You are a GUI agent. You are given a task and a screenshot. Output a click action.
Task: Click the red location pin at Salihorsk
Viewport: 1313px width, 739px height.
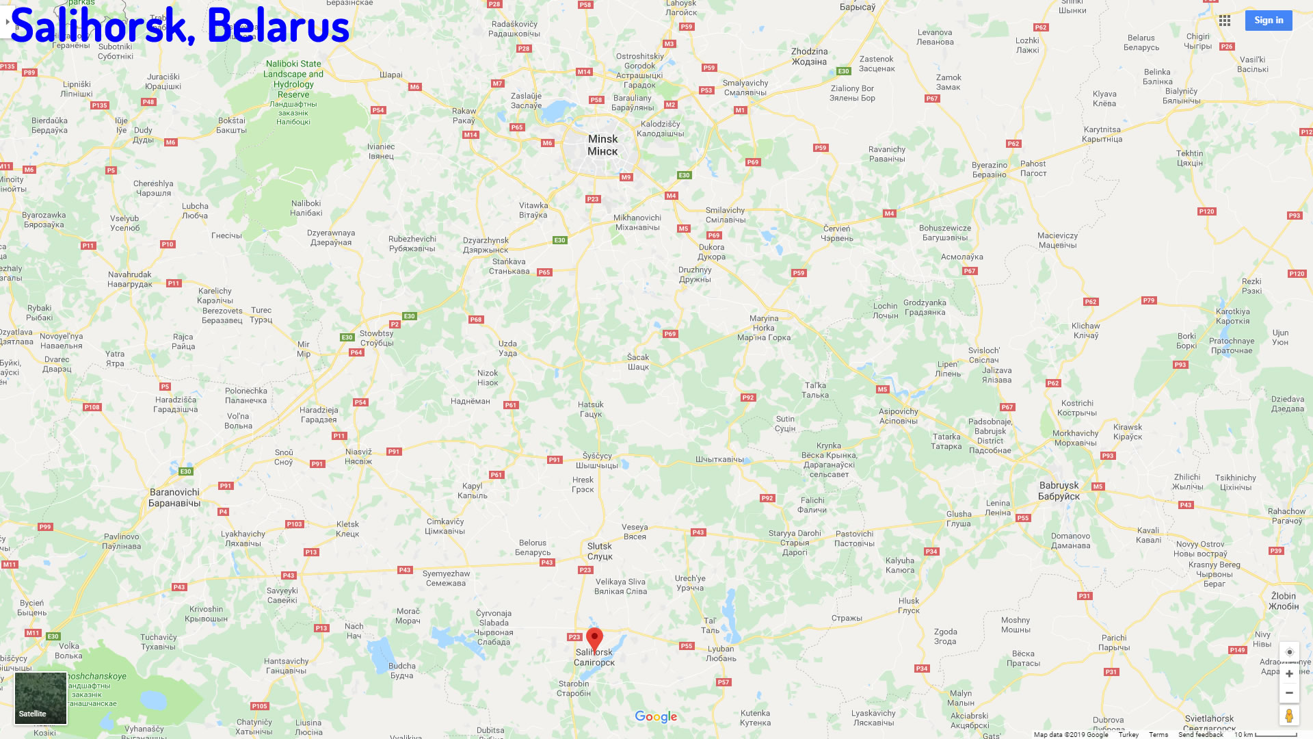click(x=594, y=638)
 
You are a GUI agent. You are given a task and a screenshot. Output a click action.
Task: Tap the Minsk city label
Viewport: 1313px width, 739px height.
click(x=602, y=145)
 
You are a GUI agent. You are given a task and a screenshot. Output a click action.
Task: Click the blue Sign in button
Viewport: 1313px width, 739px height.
click(x=1269, y=21)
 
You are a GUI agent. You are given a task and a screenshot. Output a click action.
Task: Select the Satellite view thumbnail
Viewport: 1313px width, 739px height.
click(x=41, y=698)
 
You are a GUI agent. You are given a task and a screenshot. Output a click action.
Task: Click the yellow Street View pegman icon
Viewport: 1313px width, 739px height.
click(x=1289, y=716)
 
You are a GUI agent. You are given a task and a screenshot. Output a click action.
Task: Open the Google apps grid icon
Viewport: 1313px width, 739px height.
click(x=1225, y=21)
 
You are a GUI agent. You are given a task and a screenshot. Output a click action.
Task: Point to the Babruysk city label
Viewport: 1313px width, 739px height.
click(x=1059, y=491)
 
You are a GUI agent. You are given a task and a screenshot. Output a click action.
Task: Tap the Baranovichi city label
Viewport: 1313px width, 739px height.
click(x=174, y=497)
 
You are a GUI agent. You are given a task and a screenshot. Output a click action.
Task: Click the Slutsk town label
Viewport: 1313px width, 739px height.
click(x=600, y=551)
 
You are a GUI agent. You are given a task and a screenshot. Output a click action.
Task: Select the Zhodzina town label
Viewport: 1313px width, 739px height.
click(x=809, y=56)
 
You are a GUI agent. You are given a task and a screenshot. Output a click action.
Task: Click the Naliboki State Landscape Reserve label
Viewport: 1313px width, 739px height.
click(x=293, y=79)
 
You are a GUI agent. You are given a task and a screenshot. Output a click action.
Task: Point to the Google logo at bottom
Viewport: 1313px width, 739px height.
click(x=656, y=716)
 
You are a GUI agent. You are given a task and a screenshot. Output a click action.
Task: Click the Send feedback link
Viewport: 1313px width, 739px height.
click(x=1200, y=734)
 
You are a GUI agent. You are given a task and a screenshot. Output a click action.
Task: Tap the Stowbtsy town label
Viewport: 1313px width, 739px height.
click(x=377, y=338)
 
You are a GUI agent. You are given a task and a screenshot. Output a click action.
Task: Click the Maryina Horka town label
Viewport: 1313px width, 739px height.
click(x=764, y=328)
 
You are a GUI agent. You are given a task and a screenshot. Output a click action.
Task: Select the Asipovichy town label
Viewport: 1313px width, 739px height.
click(x=898, y=416)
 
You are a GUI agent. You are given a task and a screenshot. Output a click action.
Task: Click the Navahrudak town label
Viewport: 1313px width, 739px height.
click(x=130, y=279)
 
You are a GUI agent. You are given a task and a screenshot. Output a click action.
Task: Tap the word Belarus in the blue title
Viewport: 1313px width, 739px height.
click(x=278, y=26)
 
